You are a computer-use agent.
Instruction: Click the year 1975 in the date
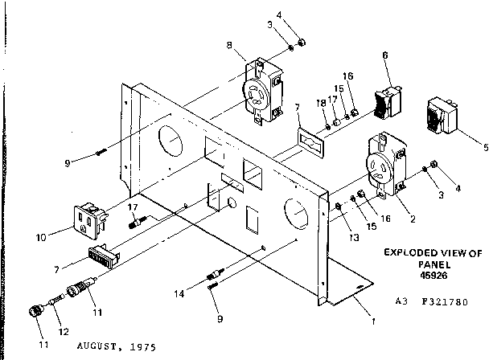tap(144, 347)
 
